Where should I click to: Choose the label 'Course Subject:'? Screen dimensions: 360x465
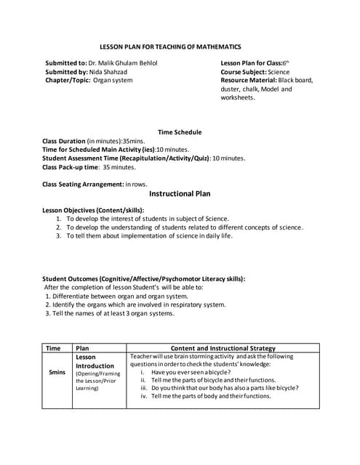pyautogui.click(x=244, y=72)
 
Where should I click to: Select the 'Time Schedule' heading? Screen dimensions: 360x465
pyautogui.click(x=179, y=132)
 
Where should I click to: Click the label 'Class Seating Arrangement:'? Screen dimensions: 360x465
pyautogui.click(x=83, y=184)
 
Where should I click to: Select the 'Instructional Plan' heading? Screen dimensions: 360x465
pyautogui.click(x=179, y=194)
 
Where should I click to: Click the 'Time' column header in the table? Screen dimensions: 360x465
pyautogui.click(x=54, y=348)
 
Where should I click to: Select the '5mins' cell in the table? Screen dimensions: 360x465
pyautogui.click(x=57, y=372)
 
